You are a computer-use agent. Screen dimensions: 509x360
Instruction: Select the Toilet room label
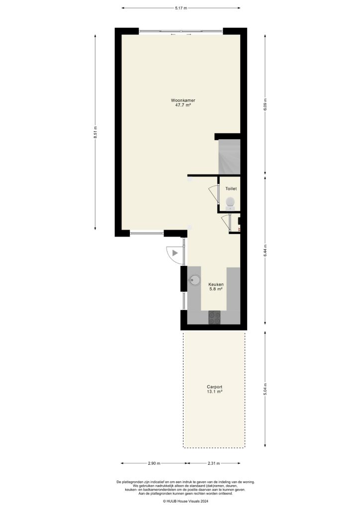tap(231, 189)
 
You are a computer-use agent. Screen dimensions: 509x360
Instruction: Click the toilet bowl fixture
tap(230, 202)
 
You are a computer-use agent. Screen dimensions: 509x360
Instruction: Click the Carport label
tap(214, 387)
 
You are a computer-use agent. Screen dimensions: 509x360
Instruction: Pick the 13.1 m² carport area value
tap(214, 392)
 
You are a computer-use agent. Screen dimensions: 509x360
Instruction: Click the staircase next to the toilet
tap(230, 156)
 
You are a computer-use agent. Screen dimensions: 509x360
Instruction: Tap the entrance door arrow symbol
tap(175, 253)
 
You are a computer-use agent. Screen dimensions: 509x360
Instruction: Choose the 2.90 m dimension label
tap(154, 463)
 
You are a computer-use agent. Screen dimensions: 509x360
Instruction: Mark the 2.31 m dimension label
tap(216, 463)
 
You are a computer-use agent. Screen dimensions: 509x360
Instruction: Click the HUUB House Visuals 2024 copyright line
tap(180, 502)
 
